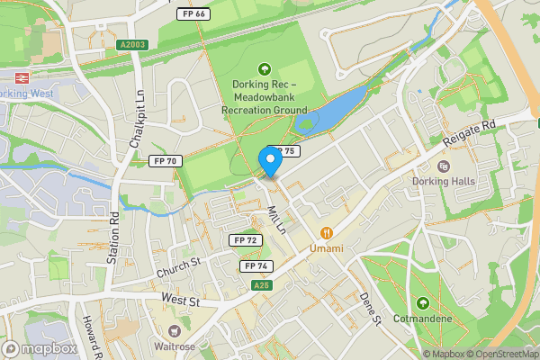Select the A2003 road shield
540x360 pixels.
pyautogui.click(x=131, y=43)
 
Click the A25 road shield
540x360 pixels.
pyautogui.click(x=262, y=285)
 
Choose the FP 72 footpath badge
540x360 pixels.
pyautogui.click(x=246, y=240)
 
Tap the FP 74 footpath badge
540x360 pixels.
pyautogui.click(x=256, y=266)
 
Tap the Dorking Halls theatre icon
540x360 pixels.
pyautogui.click(x=442, y=166)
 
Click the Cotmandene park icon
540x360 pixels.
pyautogui.click(x=423, y=302)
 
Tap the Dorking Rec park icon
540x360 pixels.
pyautogui.click(x=265, y=68)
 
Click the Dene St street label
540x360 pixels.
pyautogui.click(x=371, y=307)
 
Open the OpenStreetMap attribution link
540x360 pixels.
pyautogui.click(x=500, y=354)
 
